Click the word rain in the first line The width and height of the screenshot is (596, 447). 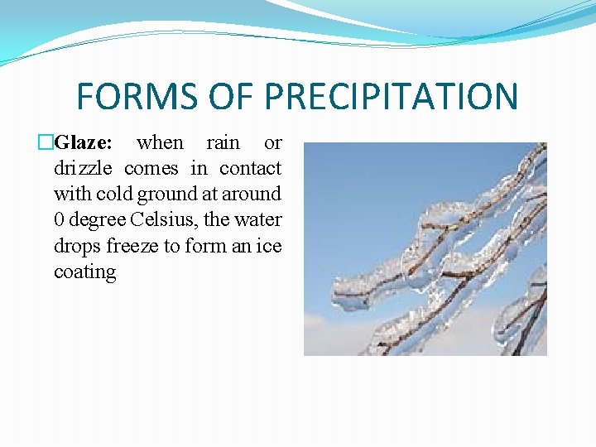point(223,142)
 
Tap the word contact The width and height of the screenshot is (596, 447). point(250,169)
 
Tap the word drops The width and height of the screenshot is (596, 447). point(77,247)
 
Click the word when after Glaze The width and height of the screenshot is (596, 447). point(161,142)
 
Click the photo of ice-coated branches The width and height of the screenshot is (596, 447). point(425,248)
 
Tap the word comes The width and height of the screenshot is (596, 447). point(151,169)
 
